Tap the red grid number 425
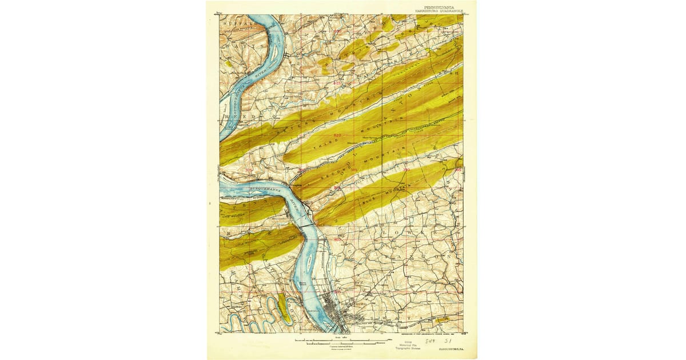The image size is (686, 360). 337,83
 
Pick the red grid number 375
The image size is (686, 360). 249,170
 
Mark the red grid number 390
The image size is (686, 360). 406,170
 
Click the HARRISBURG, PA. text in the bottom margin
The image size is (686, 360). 451,348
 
